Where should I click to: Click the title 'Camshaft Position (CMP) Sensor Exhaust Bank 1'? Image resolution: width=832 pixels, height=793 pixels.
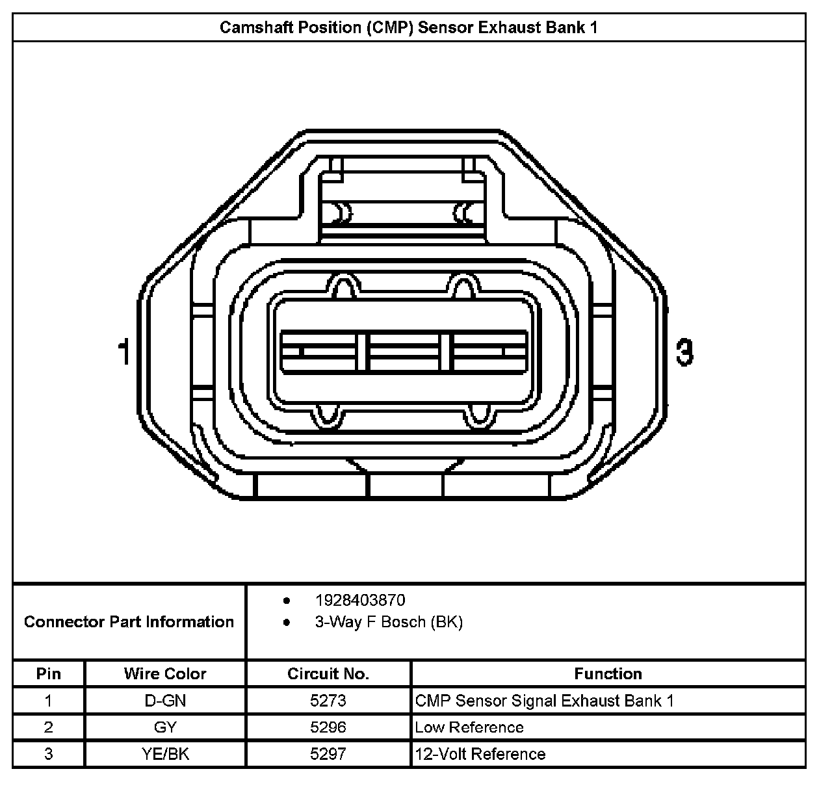click(408, 27)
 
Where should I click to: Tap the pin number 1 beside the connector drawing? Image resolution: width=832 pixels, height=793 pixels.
click(123, 352)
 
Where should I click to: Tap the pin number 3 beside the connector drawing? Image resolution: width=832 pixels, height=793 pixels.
click(684, 352)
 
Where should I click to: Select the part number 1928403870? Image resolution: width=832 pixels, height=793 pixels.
click(359, 600)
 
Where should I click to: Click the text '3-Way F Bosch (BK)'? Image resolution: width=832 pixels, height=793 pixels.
click(389, 622)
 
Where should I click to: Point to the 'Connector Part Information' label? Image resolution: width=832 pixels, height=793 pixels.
click(129, 622)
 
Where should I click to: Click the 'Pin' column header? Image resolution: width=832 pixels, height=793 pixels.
click(49, 673)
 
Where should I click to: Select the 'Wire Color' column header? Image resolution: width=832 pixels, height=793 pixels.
click(165, 673)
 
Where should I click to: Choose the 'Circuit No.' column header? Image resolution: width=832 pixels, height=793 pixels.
click(328, 673)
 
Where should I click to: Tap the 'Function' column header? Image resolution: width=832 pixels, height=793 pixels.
click(608, 673)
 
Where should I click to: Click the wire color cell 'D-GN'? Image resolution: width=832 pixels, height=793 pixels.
click(165, 701)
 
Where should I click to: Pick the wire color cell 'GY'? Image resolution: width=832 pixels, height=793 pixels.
click(165, 727)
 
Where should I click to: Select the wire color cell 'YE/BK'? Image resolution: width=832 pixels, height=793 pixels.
click(165, 754)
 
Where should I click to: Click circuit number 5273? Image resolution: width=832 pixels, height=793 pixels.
click(328, 701)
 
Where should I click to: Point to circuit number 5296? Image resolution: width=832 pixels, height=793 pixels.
click(328, 727)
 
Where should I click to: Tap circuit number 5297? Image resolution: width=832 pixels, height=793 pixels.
click(328, 754)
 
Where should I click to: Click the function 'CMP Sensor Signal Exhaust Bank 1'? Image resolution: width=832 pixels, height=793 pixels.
click(545, 701)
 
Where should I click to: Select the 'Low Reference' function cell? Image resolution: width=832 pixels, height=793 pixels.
click(469, 727)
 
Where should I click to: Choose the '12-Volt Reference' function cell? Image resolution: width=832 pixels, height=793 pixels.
click(480, 754)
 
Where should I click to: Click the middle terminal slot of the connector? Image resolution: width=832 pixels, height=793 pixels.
click(404, 352)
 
